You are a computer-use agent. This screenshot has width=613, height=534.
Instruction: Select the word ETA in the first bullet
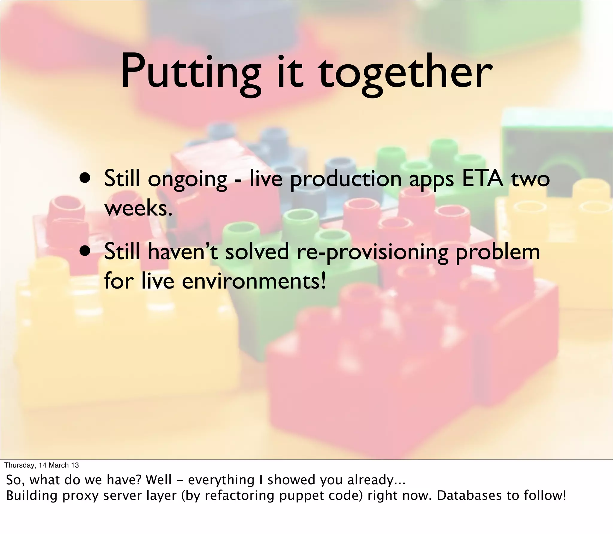coord(482,179)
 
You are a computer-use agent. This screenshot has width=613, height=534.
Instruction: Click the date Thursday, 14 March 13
coord(42,465)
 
